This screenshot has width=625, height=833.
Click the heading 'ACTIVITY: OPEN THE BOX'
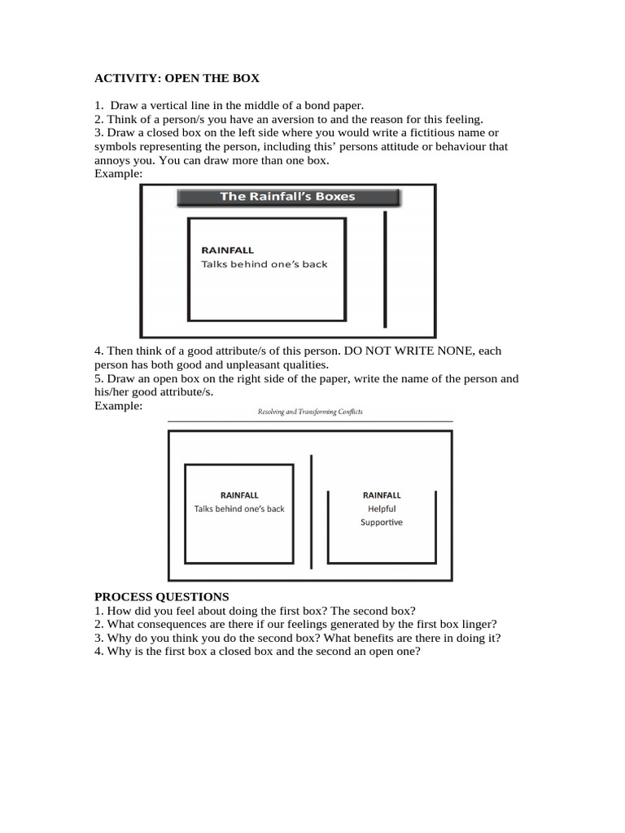click(x=177, y=78)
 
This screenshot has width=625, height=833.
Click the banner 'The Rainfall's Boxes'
click(x=287, y=197)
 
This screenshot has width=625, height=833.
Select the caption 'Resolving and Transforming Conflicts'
click(x=310, y=412)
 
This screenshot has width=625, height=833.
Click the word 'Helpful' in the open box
click(x=382, y=508)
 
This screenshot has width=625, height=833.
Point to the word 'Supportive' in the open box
click(x=382, y=522)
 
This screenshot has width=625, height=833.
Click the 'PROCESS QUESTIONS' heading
click(x=161, y=596)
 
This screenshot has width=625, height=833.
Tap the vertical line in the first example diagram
click(x=386, y=268)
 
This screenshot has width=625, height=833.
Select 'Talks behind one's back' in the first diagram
click(x=264, y=264)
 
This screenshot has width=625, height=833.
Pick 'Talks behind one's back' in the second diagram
click(x=239, y=509)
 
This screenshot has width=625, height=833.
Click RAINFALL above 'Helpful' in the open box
click(x=382, y=495)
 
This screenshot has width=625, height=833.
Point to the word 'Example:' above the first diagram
click(x=118, y=174)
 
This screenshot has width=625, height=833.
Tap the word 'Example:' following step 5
click(x=118, y=405)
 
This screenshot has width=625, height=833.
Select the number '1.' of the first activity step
click(x=99, y=105)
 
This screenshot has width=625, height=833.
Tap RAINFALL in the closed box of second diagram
click(x=239, y=495)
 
